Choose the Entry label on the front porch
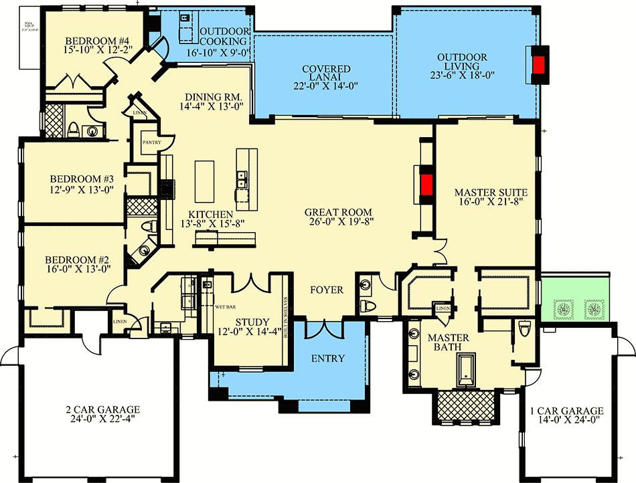pyautogui.click(x=328, y=359)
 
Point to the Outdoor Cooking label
pyautogui.click(x=225, y=36)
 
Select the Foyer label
pyautogui.click(x=327, y=290)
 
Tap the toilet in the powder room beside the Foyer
pyautogui.click(x=366, y=307)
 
